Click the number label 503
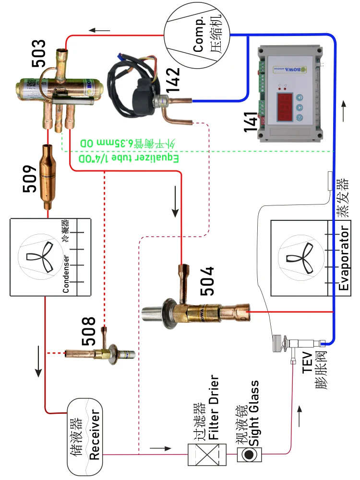(x=39, y=53)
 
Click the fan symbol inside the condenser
(x=40, y=257)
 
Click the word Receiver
(x=94, y=435)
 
